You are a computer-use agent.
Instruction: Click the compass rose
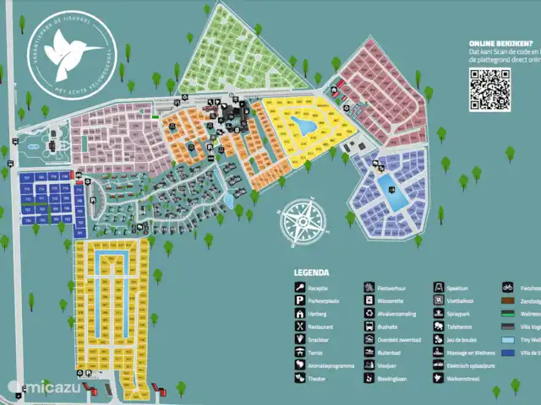click(x=301, y=220)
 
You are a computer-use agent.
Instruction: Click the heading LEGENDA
click(x=311, y=273)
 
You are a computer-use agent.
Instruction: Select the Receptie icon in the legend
click(x=300, y=287)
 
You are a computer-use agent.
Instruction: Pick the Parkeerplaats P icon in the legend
click(x=300, y=300)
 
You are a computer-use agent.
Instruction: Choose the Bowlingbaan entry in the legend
click(x=396, y=379)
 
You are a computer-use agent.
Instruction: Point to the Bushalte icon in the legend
click(x=369, y=327)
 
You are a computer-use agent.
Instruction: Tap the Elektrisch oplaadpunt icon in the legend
click(x=438, y=366)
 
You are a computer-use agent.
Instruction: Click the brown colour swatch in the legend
click(x=507, y=300)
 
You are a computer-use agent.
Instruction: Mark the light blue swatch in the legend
click(x=507, y=340)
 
